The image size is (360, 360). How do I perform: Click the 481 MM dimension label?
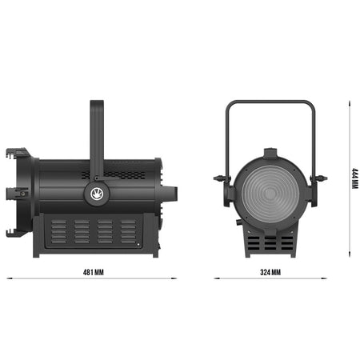[x=93, y=272]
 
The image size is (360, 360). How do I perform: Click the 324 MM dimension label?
[x=270, y=272]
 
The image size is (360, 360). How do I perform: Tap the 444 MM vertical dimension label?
[x=354, y=178]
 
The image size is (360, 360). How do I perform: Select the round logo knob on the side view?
[x=97, y=194]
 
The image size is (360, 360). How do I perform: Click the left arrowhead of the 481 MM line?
[x=10, y=278]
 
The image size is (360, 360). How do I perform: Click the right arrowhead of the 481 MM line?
[x=174, y=278]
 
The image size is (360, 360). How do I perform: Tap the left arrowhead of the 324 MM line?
[x=217, y=278]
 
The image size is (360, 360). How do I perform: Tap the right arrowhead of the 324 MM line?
[x=324, y=278]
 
